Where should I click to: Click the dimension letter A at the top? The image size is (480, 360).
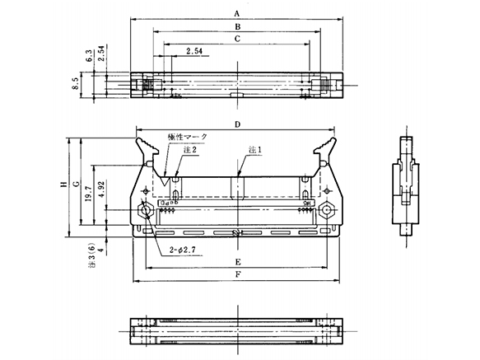(x=237, y=13)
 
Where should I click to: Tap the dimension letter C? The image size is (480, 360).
(x=237, y=38)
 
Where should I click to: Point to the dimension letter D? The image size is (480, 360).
(x=237, y=124)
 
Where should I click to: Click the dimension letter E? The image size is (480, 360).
(x=237, y=262)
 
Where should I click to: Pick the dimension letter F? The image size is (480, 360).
(x=237, y=274)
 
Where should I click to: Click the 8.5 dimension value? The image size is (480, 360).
(x=76, y=85)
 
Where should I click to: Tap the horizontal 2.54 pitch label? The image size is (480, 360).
(x=195, y=51)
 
